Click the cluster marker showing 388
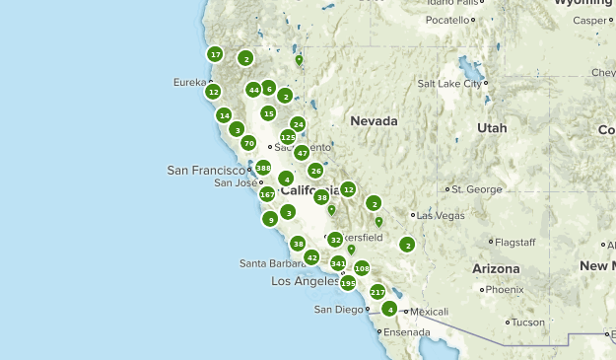(x=263, y=169)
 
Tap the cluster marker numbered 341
(x=338, y=263)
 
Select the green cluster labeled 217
(x=377, y=292)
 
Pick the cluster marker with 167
(x=267, y=194)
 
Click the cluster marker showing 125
(x=288, y=137)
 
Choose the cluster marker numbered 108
(x=362, y=268)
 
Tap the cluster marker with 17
(x=215, y=54)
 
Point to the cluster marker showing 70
(x=248, y=143)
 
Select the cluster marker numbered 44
(x=253, y=90)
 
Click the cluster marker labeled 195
(x=347, y=283)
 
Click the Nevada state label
(x=374, y=121)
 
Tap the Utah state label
(x=492, y=128)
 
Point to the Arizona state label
(x=495, y=268)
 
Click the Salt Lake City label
(x=450, y=84)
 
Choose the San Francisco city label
(x=205, y=170)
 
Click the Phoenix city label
(x=505, y=290)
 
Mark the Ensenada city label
(x=408, y=332)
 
